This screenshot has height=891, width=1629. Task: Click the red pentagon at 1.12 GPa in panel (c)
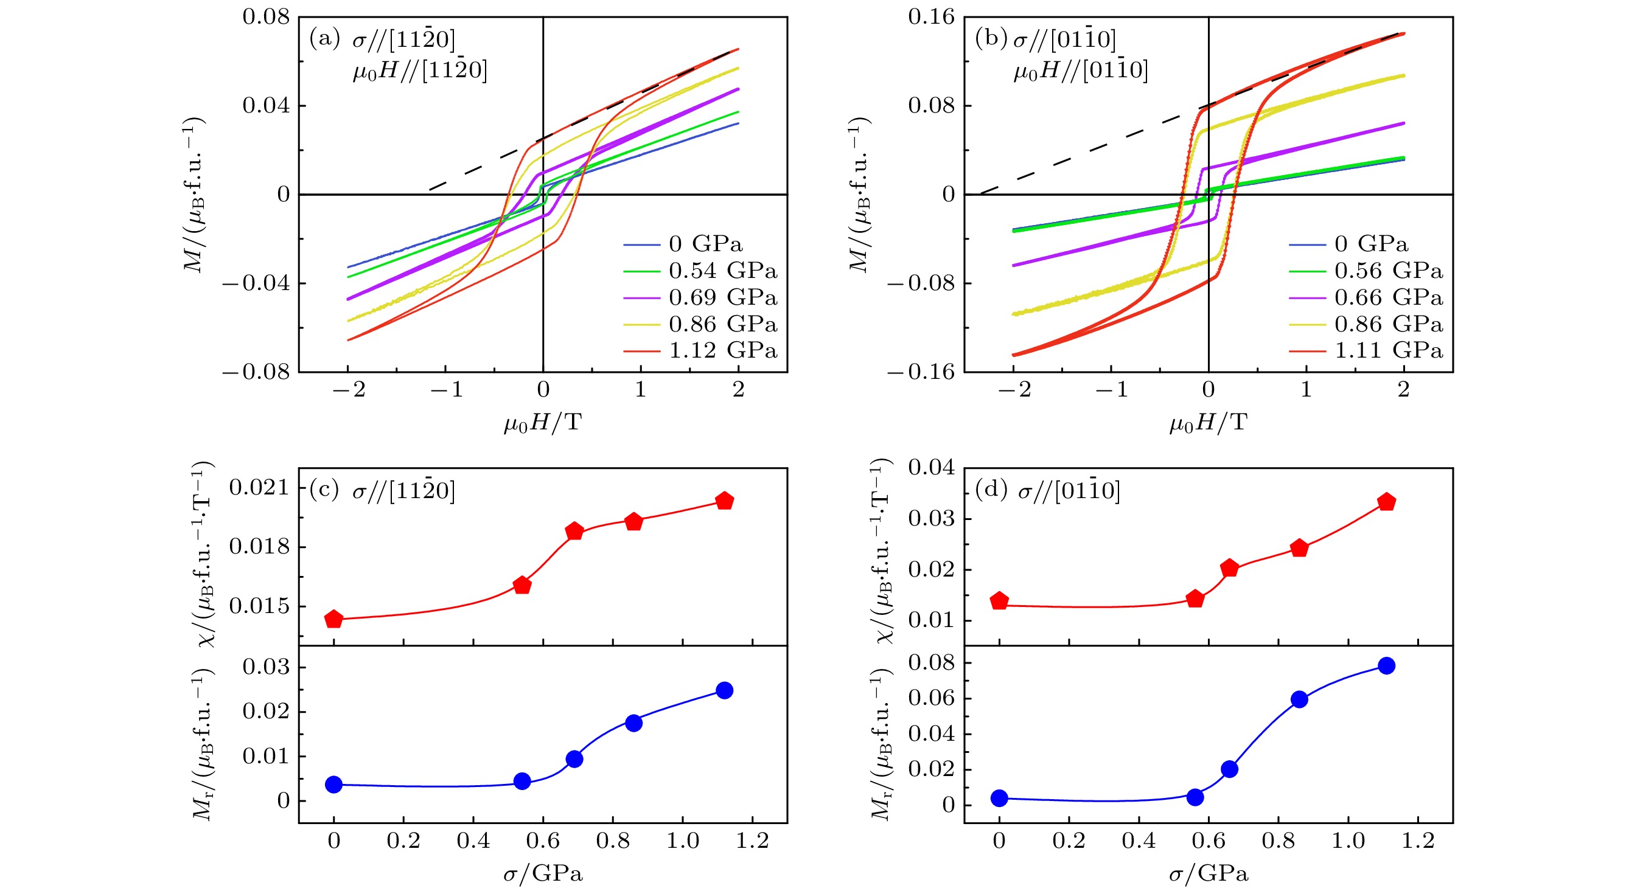[x=724, y=501]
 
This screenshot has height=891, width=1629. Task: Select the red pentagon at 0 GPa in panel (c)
[x=334, y=619]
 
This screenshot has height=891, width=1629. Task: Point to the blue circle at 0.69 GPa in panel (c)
[x=574, y=759]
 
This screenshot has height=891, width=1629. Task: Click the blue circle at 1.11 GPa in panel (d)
[x=1386, y=665]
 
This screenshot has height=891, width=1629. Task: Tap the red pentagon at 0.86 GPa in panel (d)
[x=1299, y=548]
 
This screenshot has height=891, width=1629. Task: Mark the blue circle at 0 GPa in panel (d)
[x=999, y=798]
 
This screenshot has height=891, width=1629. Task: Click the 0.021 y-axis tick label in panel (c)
[x=259, y=488]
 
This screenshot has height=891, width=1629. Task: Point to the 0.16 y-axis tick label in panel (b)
[x=932, y=17]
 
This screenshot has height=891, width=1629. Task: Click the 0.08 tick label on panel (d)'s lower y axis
[x=932, y=663]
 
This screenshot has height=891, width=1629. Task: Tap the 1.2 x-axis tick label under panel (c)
[x=752, y=841]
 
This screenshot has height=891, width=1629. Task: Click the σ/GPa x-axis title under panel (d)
[x=1208, y=875]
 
